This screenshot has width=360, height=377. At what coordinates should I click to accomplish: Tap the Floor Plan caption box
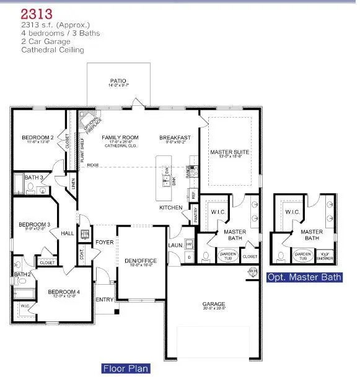[x=126, y=368]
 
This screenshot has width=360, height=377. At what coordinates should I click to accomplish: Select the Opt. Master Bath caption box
[x=304, y=277]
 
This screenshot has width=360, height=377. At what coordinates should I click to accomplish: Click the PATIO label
[x=118, y=81]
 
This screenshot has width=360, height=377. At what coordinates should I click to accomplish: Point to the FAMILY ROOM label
[x=120, y=137]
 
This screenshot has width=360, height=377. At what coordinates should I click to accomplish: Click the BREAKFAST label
[x=175, y=137]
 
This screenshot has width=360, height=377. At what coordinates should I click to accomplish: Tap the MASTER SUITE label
[x=229, y=151]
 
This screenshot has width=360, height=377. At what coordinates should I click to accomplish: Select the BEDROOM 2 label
[x=38, y=137]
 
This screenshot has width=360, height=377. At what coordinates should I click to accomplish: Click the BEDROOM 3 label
[x=34, y=225]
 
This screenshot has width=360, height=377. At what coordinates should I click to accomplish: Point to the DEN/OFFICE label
[x=141, y=261]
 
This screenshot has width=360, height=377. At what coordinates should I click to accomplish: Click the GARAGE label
[x=213, y=304]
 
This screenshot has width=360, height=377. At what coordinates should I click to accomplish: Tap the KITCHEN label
[x=171, y=207]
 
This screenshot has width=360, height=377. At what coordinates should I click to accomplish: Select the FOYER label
[x=105, y=242]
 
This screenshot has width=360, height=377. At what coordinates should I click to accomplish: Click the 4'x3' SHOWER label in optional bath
[x=326, y=254]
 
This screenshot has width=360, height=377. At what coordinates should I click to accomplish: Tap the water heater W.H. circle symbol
[x=253, y=271]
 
